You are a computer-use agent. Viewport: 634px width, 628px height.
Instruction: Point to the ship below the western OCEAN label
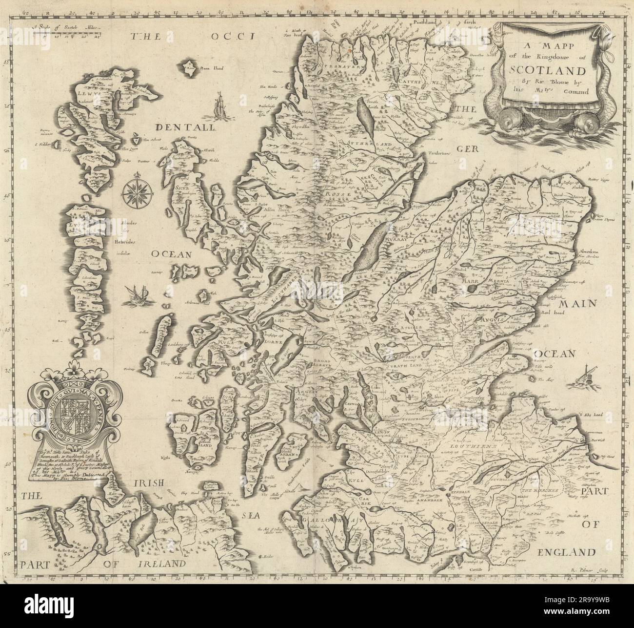[131, 294]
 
